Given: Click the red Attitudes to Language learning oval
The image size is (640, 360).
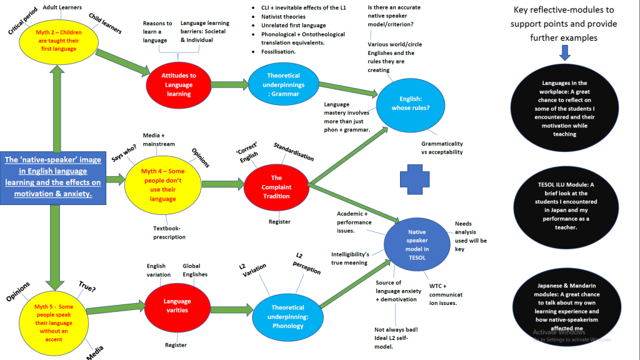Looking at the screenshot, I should [x=179, y=84].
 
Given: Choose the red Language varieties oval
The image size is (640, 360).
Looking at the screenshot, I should [x=177, y=306].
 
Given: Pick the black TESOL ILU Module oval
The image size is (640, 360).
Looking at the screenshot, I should [x=564, y=206].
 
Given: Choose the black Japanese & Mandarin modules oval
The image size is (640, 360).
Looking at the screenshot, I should [x=564, y=306].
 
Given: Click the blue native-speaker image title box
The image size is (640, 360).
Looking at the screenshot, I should [x=53, y=177].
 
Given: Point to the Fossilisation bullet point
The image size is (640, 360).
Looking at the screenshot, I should [x=278, y=52].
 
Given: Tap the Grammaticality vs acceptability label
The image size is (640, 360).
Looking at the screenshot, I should [x=442, y=147].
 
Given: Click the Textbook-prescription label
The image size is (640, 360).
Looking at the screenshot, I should [x=169, y=232].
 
